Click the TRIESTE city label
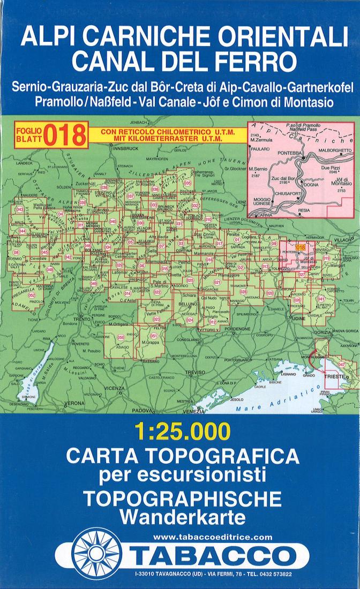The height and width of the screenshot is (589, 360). (x=335, y=377)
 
